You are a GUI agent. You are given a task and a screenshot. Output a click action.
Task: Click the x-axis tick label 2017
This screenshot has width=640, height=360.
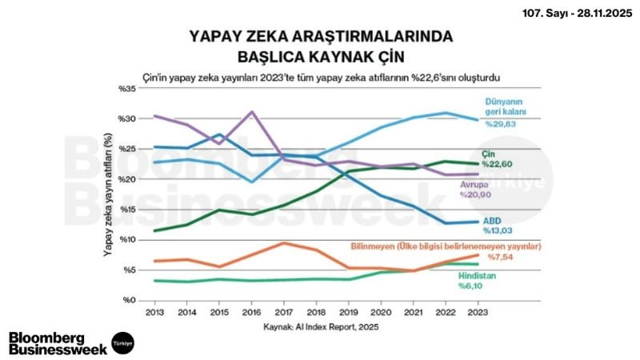click(x=284, y=313)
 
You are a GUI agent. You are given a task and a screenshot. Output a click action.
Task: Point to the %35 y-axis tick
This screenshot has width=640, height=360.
click(x=126, y=88)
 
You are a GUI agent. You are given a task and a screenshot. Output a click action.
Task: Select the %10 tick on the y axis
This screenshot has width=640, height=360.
click(x=126, y=240)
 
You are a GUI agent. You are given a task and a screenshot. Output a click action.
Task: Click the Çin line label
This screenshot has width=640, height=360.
click(x=490, y=153)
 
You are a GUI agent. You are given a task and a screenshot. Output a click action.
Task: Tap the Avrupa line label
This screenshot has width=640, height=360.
click(x=473, y=183)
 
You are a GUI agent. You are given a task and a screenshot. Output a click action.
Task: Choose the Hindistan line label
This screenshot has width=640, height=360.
click(x=478, y=274)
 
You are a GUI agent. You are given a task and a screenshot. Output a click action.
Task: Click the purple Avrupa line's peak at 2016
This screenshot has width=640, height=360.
click(x=252, y=112)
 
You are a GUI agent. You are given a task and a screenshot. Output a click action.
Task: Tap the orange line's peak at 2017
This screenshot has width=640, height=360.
click(x=284, y=243)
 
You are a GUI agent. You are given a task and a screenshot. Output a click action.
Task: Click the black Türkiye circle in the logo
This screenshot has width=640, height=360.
click(x=122, y=342)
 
